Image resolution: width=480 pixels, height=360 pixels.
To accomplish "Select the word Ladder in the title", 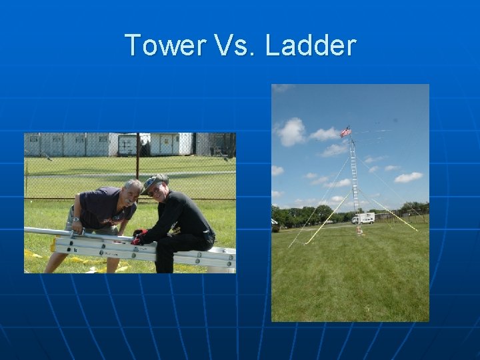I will tap(311, 45).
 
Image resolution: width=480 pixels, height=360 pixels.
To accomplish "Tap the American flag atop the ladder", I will tap(345, 132).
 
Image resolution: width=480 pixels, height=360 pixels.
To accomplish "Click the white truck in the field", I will tap(363, 218).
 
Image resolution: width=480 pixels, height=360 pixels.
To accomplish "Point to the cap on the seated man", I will tap(155, 181).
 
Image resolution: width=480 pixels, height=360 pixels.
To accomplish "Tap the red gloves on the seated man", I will tap(138, 237).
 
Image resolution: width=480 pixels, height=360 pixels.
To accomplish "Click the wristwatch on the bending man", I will tap(77, 219).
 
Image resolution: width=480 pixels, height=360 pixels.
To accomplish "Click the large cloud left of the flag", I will tap(291, 131).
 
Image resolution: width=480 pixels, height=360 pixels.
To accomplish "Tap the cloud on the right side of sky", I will tap(408, 177).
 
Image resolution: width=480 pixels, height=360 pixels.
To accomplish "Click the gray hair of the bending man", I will tap(132, 183).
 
